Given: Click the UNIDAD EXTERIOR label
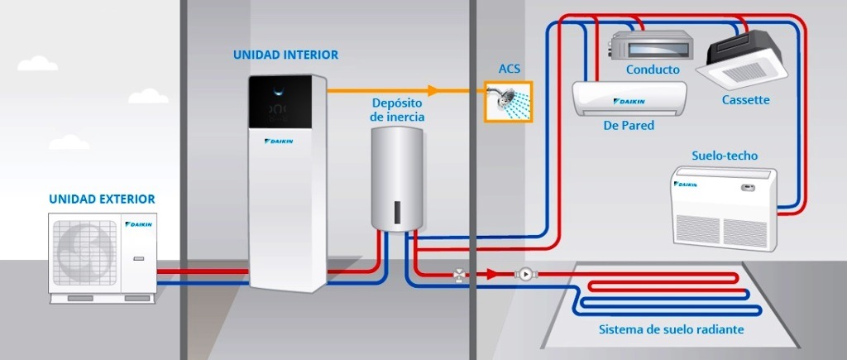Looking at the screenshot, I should coord(102,199).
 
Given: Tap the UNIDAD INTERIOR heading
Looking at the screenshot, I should coord(285,55).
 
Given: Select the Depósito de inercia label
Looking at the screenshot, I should coord(397,110).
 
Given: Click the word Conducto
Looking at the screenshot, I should coord(653,70).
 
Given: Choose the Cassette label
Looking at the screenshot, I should coord(745,100).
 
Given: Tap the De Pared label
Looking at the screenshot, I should coord(629,126).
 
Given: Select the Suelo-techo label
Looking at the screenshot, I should coord(724,156).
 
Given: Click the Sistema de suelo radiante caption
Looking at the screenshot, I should coord(671,329).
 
